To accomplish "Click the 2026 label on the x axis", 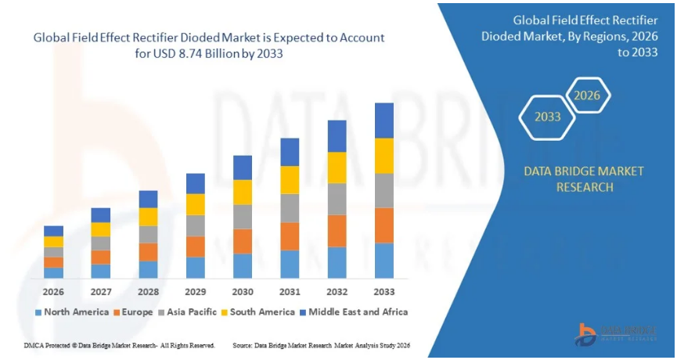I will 53,292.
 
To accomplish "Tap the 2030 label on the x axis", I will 243,292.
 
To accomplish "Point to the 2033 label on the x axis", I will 384,292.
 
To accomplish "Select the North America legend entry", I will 73,311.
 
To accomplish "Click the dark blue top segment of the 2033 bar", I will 384,121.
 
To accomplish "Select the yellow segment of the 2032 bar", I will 337,167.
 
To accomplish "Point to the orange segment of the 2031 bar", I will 290,236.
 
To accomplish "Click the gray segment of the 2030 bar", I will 243,217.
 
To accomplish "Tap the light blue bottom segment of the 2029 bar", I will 196,268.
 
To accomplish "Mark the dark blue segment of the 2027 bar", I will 100,215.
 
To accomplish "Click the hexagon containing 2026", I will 587,95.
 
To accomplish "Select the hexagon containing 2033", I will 548,117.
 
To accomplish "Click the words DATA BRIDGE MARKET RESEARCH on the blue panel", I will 585,178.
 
